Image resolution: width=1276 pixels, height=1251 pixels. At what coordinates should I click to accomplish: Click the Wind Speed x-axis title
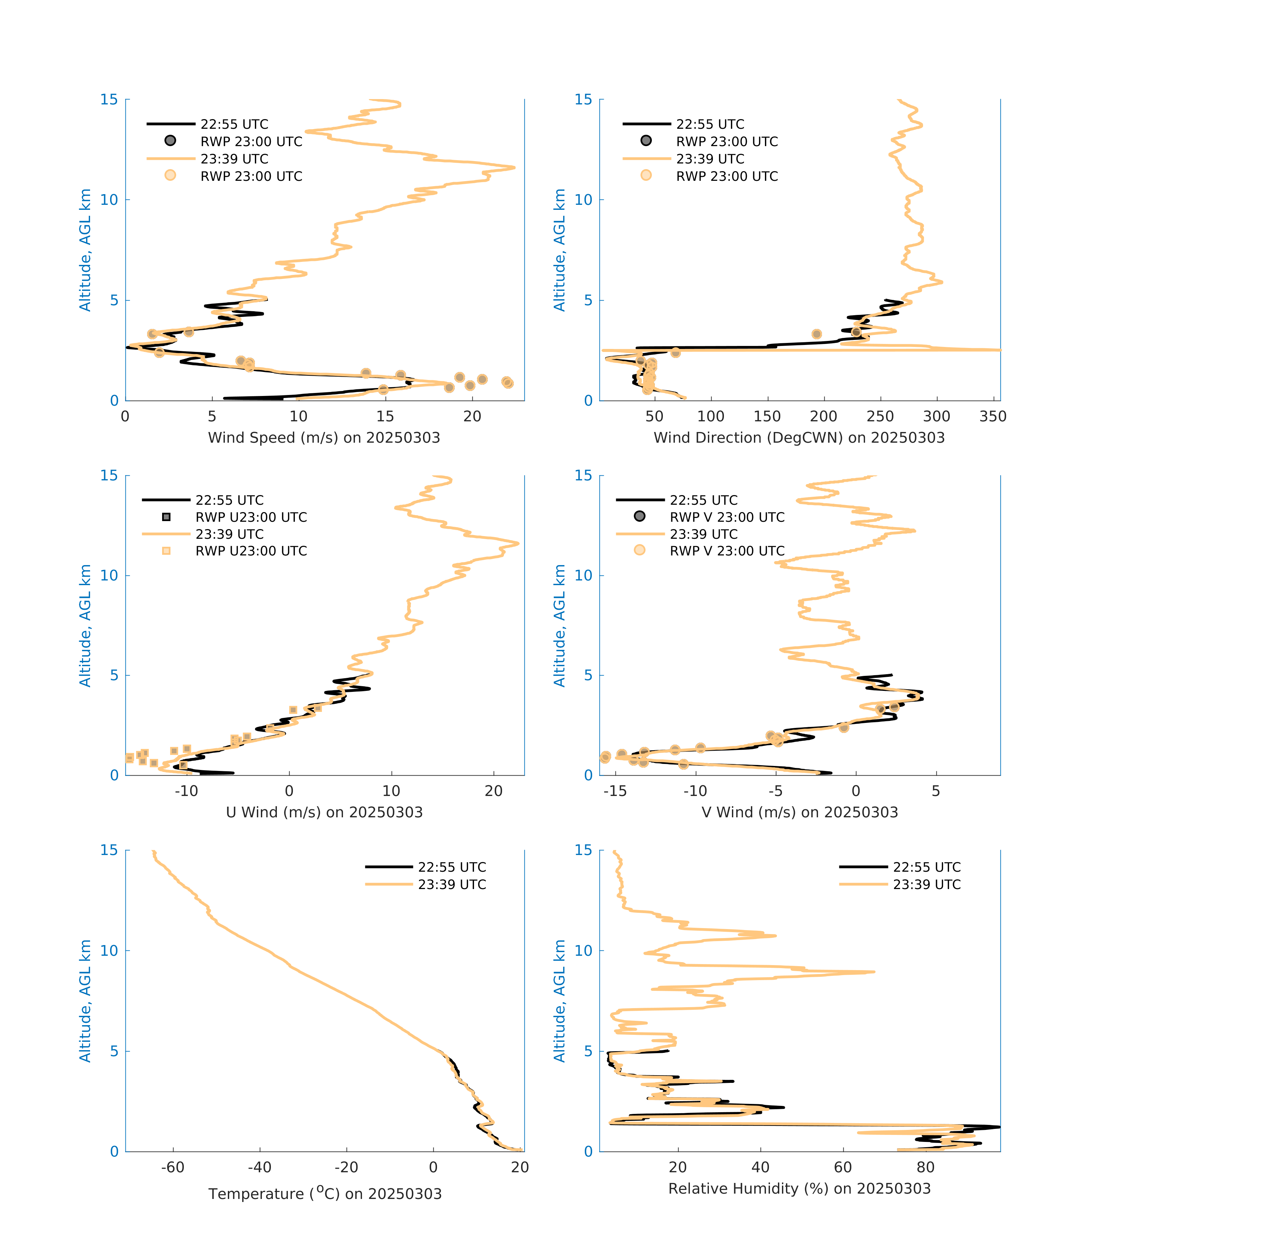[324, 438]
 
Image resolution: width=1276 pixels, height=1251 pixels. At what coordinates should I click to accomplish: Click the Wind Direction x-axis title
[799, 438]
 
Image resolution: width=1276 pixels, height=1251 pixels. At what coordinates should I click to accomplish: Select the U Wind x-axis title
[324, 812]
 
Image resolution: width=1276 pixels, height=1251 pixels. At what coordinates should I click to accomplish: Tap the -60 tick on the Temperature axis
[173, 1167]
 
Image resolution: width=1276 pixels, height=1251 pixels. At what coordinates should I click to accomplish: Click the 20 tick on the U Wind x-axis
[493, 791]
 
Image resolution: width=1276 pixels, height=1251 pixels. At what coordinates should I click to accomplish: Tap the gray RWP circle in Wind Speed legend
[170, 140]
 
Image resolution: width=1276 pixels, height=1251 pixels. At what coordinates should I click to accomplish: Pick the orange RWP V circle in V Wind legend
[639, 550]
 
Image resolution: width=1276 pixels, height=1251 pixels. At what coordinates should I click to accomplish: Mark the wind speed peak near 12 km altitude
[514, 167]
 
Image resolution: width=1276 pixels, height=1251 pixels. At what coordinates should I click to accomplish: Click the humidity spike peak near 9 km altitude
[874, 972]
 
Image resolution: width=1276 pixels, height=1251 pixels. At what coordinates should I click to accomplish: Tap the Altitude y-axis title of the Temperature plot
[85, 1001]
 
